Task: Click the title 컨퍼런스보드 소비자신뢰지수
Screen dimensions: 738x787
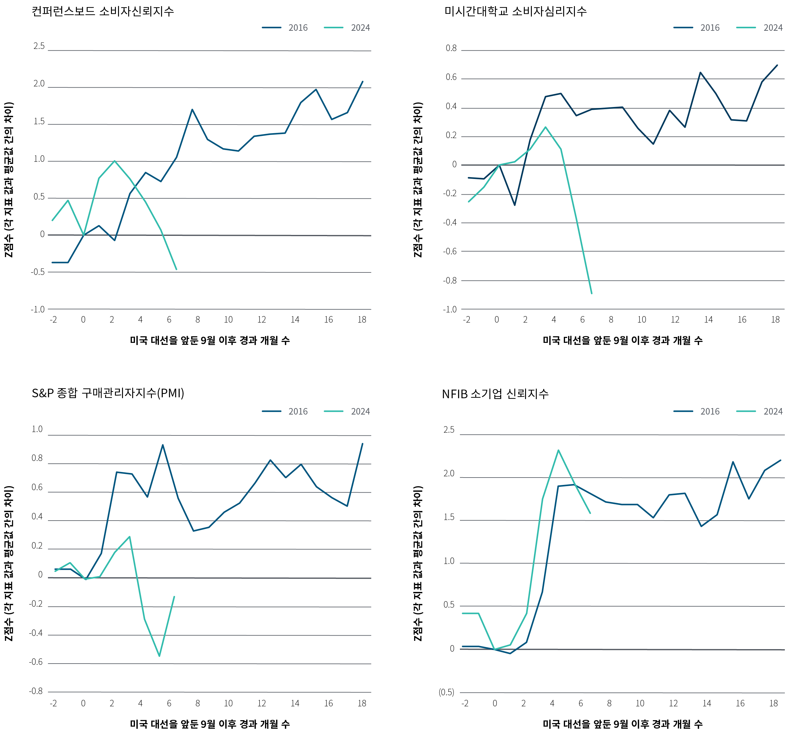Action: pos(103,11)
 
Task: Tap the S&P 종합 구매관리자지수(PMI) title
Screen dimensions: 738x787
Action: pos(108,393)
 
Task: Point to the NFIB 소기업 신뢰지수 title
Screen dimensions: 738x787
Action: pos(495,394)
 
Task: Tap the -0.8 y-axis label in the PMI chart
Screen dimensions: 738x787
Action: pos(36,691)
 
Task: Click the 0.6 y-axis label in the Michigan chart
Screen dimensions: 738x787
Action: pos(451,77)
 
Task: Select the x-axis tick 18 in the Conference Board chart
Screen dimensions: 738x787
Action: pos(362,319)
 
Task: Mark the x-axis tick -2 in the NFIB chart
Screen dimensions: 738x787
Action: pos(465,703)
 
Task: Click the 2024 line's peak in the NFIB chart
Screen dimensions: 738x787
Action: pos(558,450)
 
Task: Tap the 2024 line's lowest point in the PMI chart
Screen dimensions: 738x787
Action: pos(159,656)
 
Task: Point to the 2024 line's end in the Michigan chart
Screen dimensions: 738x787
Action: pos(592,293)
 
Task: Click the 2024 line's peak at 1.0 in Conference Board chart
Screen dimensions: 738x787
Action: pos(114,161)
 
